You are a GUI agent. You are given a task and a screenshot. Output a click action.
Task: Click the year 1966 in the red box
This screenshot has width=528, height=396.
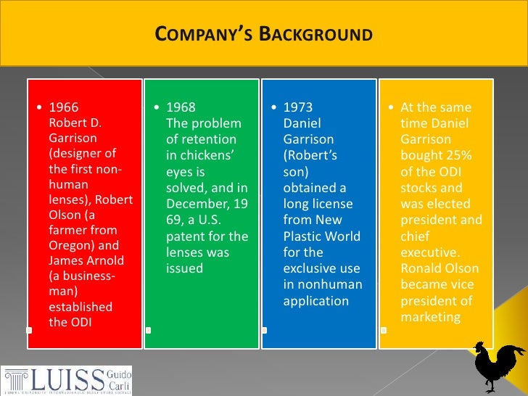[63, 107]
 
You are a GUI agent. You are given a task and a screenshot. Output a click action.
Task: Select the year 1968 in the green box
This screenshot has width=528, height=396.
[181, 107]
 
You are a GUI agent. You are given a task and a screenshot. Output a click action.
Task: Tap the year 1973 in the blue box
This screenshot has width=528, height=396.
[298, 107]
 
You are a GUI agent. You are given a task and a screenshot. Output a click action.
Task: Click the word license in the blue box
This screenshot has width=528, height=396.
[337, 205]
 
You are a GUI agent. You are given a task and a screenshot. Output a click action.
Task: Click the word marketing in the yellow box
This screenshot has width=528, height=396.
[431, 317]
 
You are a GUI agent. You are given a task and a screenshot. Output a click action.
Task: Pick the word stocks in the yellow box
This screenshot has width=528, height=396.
[418, 188]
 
